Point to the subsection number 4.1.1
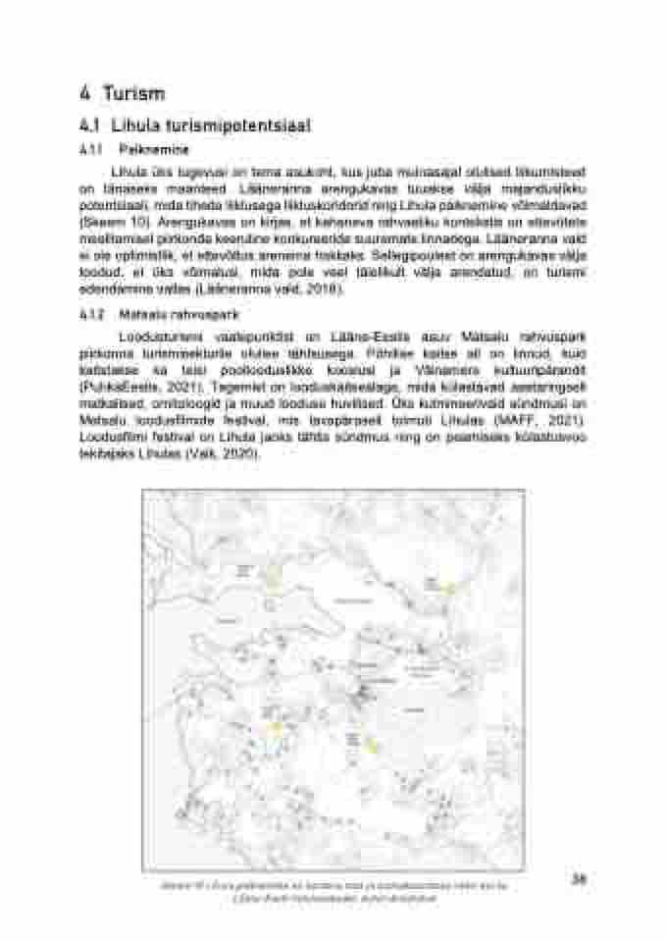(90, 151)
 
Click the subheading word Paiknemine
(147, 151)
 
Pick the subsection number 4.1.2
(90, 316)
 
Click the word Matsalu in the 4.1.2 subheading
(136, 316)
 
